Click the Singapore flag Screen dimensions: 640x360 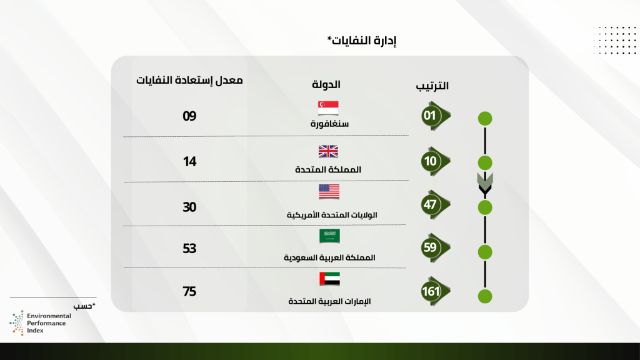[x=328, y=108]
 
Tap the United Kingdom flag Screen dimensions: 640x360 [x=328, y=151]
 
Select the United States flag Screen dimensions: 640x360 [x=329, y=191]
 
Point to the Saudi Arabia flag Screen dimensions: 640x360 [x=329, y=236]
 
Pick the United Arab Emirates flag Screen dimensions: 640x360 [x=329, y=279]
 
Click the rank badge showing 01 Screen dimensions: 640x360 [x=436, y=116]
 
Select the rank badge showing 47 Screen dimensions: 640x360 [x=436, y=204]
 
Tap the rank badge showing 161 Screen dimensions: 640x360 [x=436, y=291]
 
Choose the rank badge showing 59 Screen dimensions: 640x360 [x=436, y=247]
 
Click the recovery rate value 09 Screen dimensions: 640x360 [x=189, y=116]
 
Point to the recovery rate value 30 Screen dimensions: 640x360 [x=189, y=207]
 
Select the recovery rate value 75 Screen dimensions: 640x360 [x=189, y=291]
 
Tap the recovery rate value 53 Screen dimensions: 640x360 [x=189, y=249]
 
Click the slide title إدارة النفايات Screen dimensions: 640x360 [x=362, y=41]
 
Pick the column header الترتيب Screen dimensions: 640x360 [x=432, y=86]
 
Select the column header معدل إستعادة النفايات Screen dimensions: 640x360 [x=189, y=80]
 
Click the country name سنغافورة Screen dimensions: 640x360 [x=329, y=124]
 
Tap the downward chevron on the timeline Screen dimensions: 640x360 [x=485, y=183]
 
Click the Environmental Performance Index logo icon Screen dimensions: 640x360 [x=17, y=323]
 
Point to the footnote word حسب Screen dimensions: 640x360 [x=83, y=306]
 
